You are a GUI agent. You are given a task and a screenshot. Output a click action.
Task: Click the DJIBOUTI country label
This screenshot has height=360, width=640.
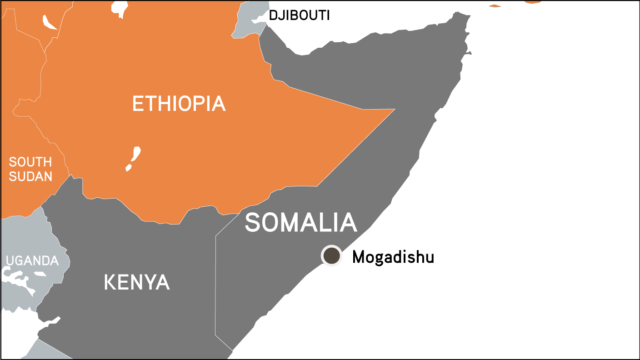click(299, 15)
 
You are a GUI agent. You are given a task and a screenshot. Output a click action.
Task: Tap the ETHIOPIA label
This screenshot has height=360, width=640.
click(179, 104)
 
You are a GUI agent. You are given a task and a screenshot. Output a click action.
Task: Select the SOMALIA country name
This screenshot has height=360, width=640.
click(300, 223)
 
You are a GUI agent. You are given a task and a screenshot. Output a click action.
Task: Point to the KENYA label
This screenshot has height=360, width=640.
click(136, 282)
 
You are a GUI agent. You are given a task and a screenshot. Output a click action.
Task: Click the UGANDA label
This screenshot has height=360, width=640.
click(32, 261)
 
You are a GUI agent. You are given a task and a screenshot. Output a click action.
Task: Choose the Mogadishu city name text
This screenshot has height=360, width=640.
click(393, 257)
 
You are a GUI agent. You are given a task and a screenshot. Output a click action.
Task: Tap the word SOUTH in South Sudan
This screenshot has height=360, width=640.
click(30, 162)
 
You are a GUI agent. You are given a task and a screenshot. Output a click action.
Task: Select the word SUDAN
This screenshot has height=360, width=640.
click(30, 176)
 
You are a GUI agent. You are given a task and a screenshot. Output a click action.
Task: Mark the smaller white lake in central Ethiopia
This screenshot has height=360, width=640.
click(129, 168)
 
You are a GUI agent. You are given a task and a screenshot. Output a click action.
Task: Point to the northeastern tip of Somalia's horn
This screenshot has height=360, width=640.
click(466, 15)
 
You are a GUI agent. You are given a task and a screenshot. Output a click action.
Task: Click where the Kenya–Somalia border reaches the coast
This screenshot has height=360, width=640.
click(233, 350)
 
